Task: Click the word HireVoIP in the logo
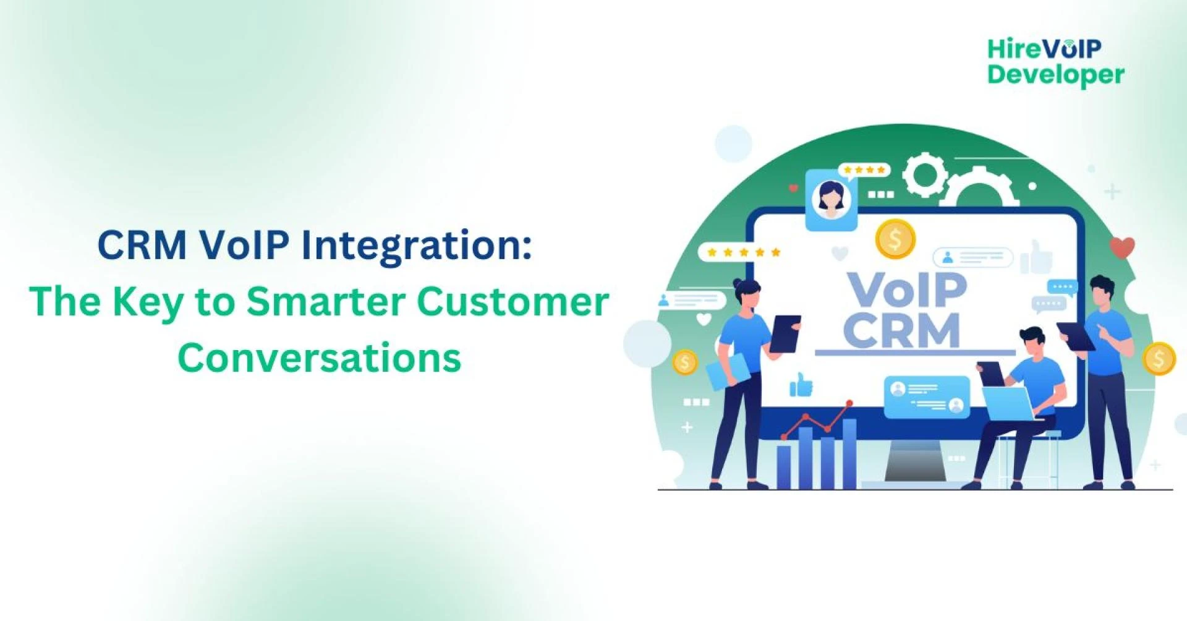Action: (x=1044, y=48)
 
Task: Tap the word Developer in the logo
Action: (x=1055, y=75)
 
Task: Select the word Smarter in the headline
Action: (x=326, y=302)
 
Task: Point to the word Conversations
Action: (x=319, y=358)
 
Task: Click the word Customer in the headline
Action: (x=513, y=302)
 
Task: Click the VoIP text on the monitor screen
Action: (x=906, y=289)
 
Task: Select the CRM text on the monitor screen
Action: (x=901, y=331)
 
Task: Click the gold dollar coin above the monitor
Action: (x=895, y=239)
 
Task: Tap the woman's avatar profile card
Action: (x=831, y=199)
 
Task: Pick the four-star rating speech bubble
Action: (x=864, y=170)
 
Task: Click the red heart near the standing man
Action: (x=1121, y=247)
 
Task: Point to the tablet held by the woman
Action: (x=785, y=334)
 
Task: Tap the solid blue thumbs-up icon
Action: (x=801, y=386)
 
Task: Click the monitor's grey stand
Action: (x=915, y=464)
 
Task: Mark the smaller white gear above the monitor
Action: (x=925, y=175)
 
